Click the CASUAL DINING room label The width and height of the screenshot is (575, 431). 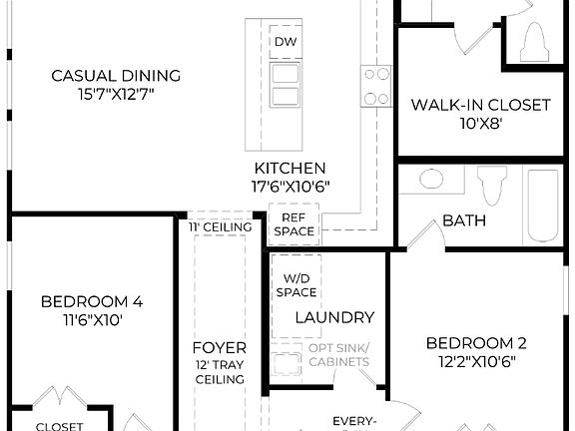pyautogui.click(x=116, y=75)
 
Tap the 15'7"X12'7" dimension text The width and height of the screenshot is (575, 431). pyautogui.click(x=116, y=94)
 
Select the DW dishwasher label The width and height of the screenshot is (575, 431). pyautogui.click(x=285, y=42)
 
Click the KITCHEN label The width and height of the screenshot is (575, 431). pyautogui.click(x=289, y=168)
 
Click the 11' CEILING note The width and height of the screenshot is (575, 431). pyautogui.click(x=220, y=227)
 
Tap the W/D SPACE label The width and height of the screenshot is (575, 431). pyautogui.click(x=299, y=285)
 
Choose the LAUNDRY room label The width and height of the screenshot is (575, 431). pyautogui.click(x=334, y=317)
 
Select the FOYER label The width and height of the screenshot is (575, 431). pyautogui.click(x=220, y=347)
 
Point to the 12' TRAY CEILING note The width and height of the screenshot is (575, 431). pyautogui.click(x=220, y=372)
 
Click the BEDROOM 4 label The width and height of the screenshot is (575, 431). pyautogui.click(x=92, y=301)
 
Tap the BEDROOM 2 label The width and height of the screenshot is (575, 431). pyautogui.click(x=476, y=343)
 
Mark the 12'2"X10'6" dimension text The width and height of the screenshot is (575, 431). pyautogui.click(x=476, y=362)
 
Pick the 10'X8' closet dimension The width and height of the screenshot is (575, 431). pyautogui.click(x=480, y=123)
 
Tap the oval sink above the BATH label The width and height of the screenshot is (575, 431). pyautogui.click(x=430, y=180)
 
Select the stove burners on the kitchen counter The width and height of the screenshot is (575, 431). pyautogui.click(x=375, y=85)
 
